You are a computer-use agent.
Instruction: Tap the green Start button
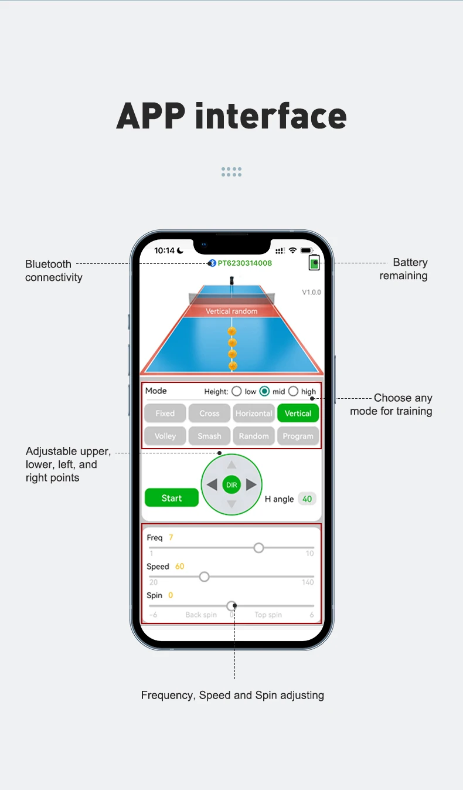coord(172,498)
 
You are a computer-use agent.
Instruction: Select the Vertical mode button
coord(298,413)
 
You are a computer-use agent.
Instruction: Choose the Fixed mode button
coord(165,413)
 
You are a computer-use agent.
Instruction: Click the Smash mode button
coord(209,436)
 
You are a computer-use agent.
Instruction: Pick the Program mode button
coord(298,436)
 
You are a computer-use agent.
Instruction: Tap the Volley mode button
coord(165,436)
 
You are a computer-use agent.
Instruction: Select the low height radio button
coord(237,391)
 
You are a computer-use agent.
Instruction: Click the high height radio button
coord(293,391)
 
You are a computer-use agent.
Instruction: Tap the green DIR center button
coord(231,485)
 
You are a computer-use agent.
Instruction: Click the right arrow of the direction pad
coord(251,485)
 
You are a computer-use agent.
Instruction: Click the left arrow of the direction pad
coord(212,485)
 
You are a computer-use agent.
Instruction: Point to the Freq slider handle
coord(258,548)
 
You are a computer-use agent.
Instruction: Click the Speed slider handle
coord(204,577)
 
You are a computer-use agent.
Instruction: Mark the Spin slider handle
coord(231,606)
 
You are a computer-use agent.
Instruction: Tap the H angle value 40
coord(307,499)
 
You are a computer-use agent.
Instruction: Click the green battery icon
coord(315,264)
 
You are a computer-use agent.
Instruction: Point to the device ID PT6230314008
coord(245,263)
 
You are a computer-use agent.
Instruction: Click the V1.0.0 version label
coord(311,292)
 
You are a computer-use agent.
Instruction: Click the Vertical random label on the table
coord(231,311)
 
